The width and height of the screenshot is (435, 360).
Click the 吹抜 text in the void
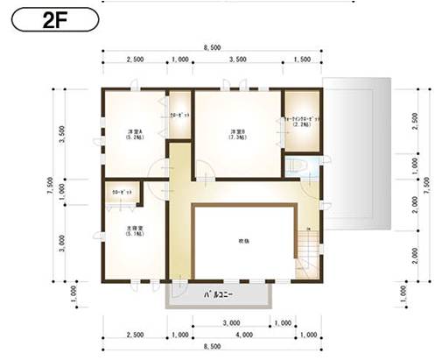[x=243, y=240]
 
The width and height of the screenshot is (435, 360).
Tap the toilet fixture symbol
[x=296, y=166]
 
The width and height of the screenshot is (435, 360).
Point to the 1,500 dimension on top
[x=302, y=60]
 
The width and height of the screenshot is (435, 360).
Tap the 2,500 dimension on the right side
[x=414, y=119]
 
